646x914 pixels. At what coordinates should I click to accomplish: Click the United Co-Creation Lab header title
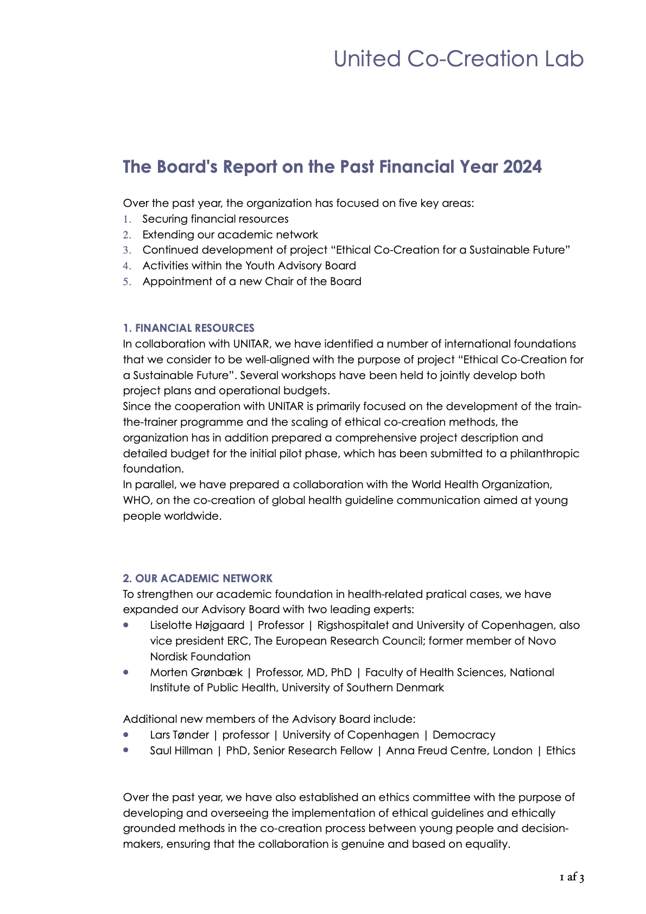[x=458, y=59]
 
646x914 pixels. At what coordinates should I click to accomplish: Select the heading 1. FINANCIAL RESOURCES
[x=188, y=328]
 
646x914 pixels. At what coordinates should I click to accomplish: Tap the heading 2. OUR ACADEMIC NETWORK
[x=198, y=578]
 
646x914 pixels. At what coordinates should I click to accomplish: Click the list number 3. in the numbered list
[x=127, y=250]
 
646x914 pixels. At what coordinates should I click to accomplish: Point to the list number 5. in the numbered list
[x=127, y=282]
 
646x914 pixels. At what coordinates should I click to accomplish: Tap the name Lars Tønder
[x=179, y=735]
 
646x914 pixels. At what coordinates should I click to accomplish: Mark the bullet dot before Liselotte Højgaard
[x=126, y=625]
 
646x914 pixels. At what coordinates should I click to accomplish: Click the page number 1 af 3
[x=572, y=878]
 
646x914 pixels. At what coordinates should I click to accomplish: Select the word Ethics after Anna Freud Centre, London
[x=560, y=751]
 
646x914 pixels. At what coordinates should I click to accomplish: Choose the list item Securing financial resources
[x=215, y=219]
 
